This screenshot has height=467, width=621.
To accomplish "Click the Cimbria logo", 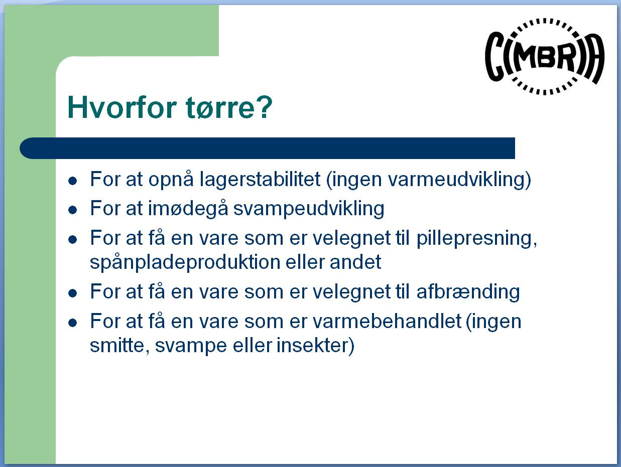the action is (x=545, y=57).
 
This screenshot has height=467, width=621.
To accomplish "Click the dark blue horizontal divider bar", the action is (x=267, y=148).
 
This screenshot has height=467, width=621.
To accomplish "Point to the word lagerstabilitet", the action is (x=260, y=179).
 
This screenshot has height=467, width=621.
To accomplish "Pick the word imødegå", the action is (x=188, y=209).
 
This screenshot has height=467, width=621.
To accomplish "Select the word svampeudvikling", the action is (x=309, y=209).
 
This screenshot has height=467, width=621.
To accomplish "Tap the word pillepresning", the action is (x=476, y=239).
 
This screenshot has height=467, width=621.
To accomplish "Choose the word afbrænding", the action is (x=468, y=292).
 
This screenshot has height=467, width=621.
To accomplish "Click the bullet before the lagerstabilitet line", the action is (x=73, y=181).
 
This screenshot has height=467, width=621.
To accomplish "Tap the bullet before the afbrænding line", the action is (x=73, y=293).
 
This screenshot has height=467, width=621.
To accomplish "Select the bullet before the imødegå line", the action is (x=73, y=210).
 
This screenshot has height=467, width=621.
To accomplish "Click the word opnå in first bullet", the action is (x=171, y=180).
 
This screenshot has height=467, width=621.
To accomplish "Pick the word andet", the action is (x=355, y=262).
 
